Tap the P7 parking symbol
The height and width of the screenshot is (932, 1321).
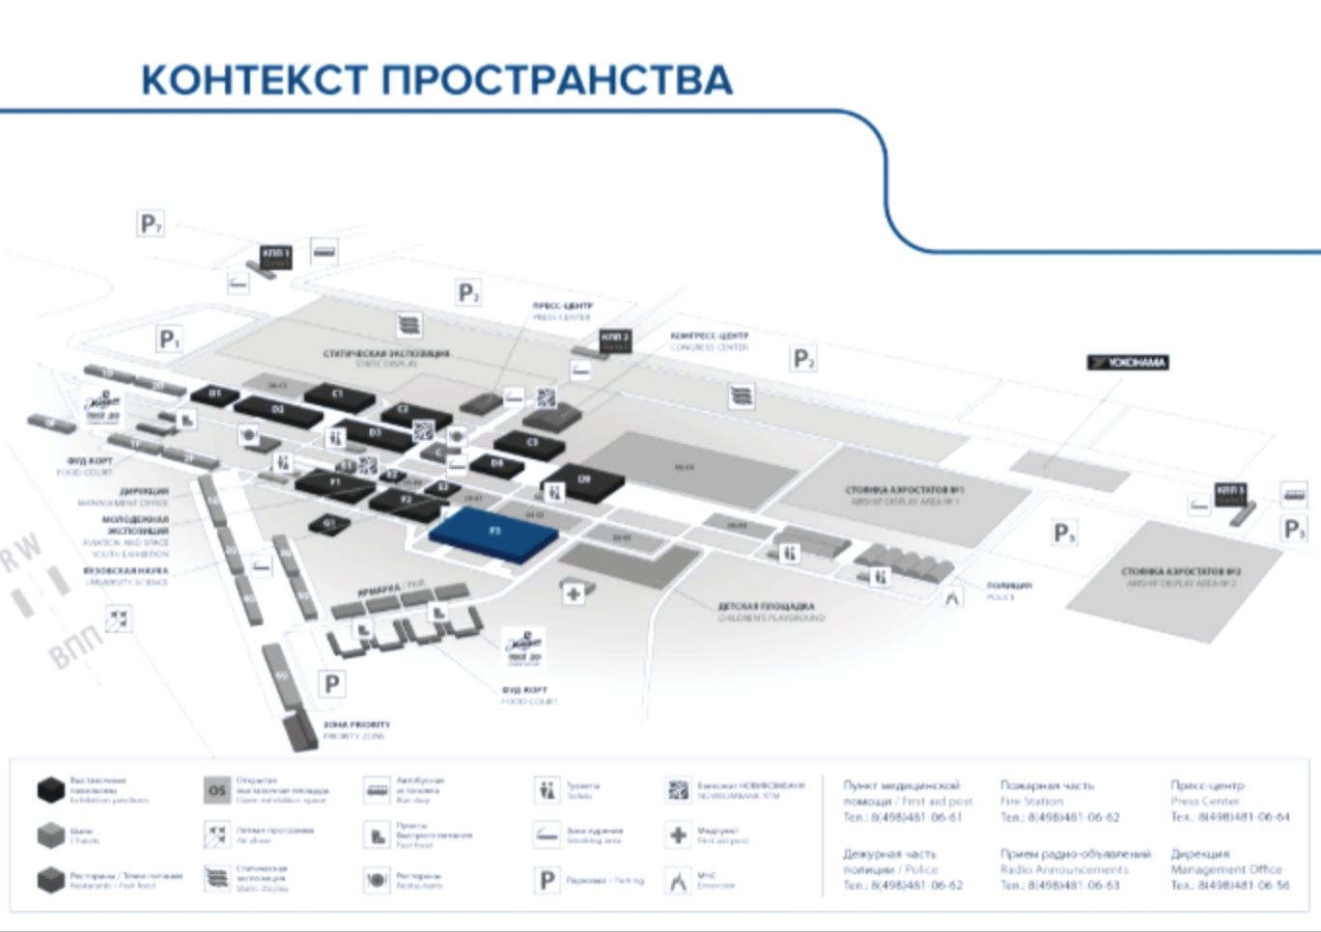click(150, 225)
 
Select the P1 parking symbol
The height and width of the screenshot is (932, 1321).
click(169, 340)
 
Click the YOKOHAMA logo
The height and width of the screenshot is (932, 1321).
click(1128, 363)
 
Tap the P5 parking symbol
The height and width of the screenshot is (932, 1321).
click(1064, 534)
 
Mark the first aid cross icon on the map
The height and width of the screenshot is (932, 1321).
click(573, 593)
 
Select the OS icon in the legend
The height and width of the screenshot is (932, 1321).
click(217, 790)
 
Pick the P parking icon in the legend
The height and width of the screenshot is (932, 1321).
click(547, 880)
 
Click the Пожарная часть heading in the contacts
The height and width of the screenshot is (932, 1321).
click(1047, 785)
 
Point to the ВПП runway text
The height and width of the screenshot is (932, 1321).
click(74, 645)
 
